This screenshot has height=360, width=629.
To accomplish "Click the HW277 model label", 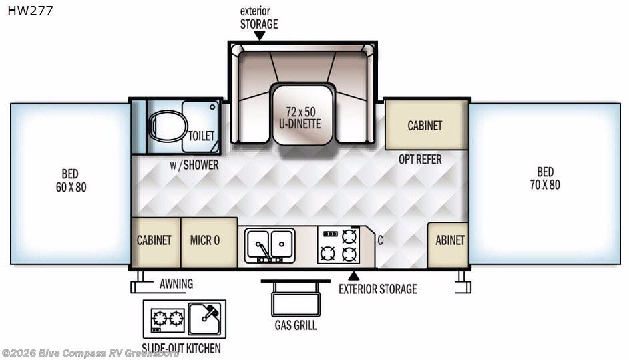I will pyautogui.click(x=31, y=11).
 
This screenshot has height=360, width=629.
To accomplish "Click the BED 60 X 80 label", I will pyautogui.click(x=71, y=180).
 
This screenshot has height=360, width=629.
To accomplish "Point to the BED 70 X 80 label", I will pyautogui.click(x=545, y=178).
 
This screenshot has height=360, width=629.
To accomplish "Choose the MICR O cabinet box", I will pyautogui.click(x=209, y=241).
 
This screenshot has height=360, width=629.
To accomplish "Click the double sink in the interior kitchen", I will pyautogui.click(x=270, y=244).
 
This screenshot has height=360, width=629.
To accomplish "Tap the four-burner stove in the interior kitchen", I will pyautogui.click(x=337, y=244).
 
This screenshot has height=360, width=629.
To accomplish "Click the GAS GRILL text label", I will pyautogui.click(x=295, y=326).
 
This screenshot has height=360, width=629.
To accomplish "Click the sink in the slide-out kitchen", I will pyautogui.click(x=206, y=318).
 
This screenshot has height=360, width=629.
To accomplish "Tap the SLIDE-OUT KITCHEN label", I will pyautogui.click(x=182, y=348).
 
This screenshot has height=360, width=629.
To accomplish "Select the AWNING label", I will pyautogui.click(x=176, y=283).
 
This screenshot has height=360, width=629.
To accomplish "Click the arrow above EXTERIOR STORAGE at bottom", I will pyautogui.click(x=353, y=275).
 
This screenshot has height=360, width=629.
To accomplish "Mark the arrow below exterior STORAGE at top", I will pyautogui.click(x=259, y=35).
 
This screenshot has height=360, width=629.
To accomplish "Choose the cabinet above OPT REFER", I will pyautogui.click(x=425, y=125).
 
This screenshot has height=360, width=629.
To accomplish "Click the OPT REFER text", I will pyautogui.click(x=420, y=160).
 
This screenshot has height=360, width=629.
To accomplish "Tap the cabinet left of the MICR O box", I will pyautogui.click(x=155, y=241).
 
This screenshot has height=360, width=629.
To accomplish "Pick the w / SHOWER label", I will pyautogui.click(x=194, y=164).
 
